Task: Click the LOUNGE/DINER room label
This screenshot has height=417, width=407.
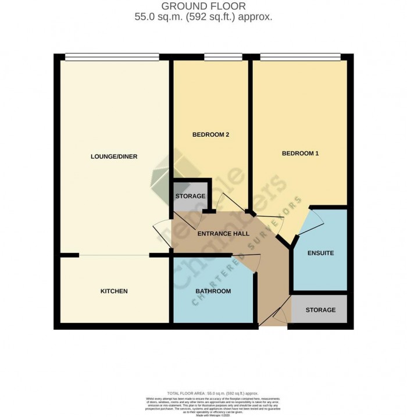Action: coord(114,156)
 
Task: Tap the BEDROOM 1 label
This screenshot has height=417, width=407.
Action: coord(300,154)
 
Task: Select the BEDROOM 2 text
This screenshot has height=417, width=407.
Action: coord(210,135)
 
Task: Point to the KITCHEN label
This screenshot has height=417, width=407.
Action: coord(113,291)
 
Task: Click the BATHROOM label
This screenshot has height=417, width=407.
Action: coord(213,291)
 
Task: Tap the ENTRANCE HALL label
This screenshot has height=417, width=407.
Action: coord(223,234)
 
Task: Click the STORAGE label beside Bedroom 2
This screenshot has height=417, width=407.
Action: coord(190,196)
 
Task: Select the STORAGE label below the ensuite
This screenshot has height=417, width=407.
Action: coord(320,310)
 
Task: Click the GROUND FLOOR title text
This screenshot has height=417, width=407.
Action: coord(203,6)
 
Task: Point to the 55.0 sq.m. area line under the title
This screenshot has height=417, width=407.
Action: coord(203,17)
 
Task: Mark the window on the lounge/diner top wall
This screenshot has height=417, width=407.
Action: coord(112,56)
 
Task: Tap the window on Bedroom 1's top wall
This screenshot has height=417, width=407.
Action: coord(300,56)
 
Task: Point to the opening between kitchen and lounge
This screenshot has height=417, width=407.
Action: coord(114,255)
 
